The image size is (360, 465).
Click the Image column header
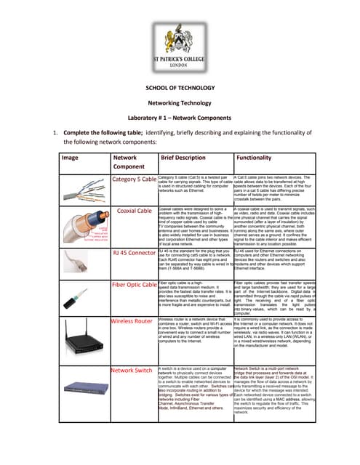70,157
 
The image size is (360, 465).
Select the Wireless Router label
133,320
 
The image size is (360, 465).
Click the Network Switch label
132,370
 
